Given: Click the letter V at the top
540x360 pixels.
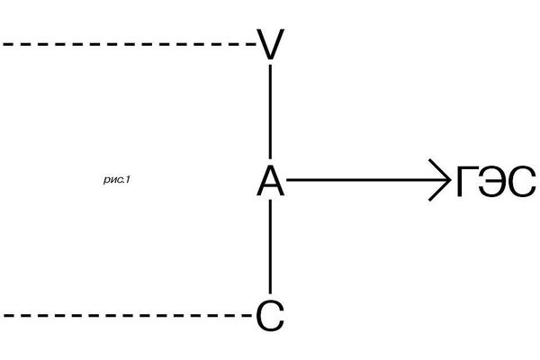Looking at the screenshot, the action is coord(270,44).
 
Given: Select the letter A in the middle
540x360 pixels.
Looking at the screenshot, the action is coord(270,181).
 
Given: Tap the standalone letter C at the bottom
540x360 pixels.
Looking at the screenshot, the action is coord(270,316).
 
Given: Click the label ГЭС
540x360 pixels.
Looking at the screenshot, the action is coord(496,181).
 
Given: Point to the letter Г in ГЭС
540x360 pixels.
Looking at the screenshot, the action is coord(467,181).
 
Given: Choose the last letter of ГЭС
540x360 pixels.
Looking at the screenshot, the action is coord(522,181).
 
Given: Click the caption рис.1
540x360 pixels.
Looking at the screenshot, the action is coord(117,179).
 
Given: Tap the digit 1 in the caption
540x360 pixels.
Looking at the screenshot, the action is coord(127,179).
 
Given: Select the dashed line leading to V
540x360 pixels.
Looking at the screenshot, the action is coord(129,44).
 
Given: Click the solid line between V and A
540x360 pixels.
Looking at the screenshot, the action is coord(270,112).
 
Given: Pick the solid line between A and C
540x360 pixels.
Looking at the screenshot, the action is coord(270,247).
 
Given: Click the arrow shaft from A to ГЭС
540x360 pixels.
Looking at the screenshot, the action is coord(367,179).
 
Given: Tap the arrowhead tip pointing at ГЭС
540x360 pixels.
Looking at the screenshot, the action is coord(450,179).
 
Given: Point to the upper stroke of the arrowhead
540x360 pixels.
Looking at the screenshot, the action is coord(439,169).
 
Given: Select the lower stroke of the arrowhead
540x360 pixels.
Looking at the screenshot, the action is coord(439,190).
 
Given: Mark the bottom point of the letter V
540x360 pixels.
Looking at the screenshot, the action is coord(270,58).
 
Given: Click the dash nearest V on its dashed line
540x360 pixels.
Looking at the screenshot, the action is coord(249,44).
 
